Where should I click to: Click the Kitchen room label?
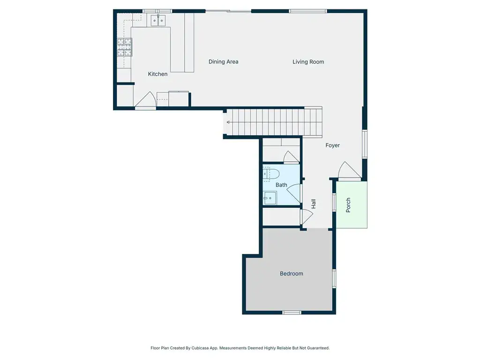[x=157, y=74]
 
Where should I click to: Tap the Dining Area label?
[x=224, y=62]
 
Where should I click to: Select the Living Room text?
[x=308, y=62]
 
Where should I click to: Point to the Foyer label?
[x=332, y=145]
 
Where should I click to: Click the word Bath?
[x=281, y=185]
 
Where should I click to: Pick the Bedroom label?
[x=292, y=274]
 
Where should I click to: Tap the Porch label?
[x=348, y=205]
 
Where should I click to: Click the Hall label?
[x=313, y=204]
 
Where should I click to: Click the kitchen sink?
[x=158, y=21]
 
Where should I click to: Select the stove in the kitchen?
[x=125, y=47]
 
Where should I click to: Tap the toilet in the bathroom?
[x=271, y=174]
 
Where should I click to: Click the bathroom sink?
[x=270, y=198]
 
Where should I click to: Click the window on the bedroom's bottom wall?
[x=292, y=313]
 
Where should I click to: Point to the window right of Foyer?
[x=365, y=144]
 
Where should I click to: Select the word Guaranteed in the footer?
[x=319, y=348]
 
